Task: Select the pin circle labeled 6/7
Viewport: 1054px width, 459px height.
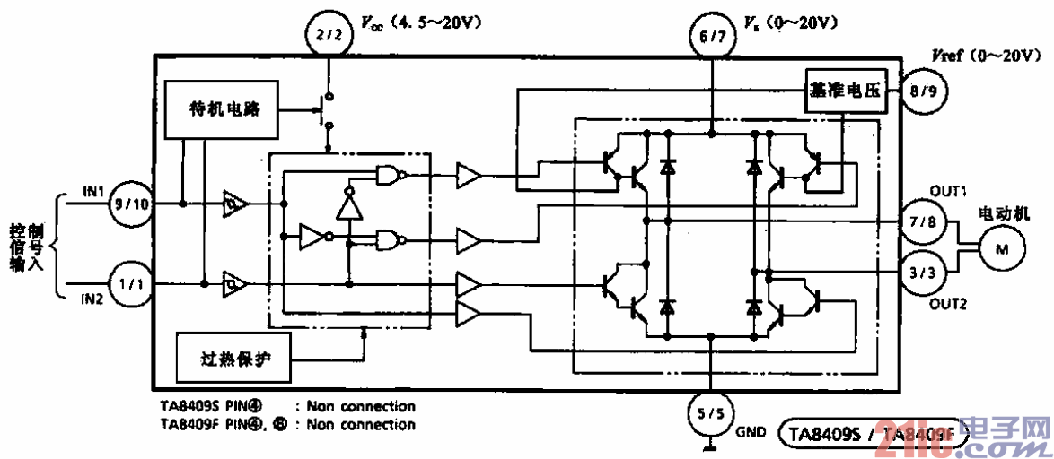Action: click(710, 38)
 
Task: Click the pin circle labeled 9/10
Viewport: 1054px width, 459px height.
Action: click(130, 204)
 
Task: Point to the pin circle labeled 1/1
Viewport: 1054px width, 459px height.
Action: click(130, 284)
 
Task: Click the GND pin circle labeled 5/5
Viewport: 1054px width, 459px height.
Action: click(710, 413)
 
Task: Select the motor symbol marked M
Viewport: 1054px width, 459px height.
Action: click(999, 247)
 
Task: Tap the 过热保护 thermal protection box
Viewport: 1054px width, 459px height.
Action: click(235, 359)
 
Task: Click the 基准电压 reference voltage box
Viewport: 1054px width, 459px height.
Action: click(845, 91)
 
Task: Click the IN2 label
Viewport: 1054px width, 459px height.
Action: click(94, 299)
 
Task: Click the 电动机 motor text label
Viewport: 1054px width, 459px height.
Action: click(1003, 215)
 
